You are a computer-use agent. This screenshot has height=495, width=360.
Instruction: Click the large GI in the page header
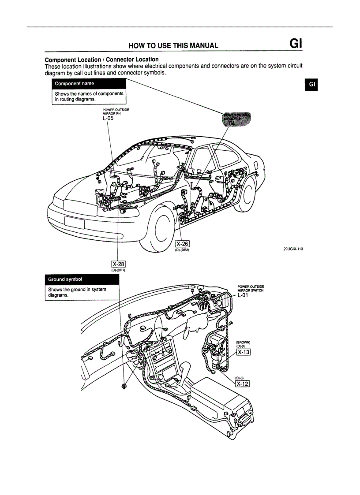tap(295, 44)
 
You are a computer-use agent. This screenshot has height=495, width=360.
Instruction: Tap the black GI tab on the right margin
tap(311, 84)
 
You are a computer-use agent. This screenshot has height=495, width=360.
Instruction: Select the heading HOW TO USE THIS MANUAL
tap(173, 45)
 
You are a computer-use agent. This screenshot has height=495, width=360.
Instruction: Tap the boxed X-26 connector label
tap(182, 244)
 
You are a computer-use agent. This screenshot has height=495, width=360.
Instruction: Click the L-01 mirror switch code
tap(244, 295)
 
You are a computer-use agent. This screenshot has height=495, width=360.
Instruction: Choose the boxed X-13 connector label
tap(244, 352)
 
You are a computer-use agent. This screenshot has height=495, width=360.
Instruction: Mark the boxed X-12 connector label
tap(243, 384)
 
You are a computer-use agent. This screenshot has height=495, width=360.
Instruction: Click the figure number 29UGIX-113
tap(293, 249)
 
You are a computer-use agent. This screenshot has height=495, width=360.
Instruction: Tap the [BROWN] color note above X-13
tap(244, 342)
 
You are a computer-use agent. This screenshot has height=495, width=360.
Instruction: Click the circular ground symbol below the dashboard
tap(124, 386)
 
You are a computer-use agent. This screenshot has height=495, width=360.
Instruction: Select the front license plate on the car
tap(74, 222)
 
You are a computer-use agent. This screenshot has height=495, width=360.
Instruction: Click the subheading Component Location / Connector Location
tap(102, 60)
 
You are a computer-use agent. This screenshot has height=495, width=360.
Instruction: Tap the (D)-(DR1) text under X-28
tap(119, 270)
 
